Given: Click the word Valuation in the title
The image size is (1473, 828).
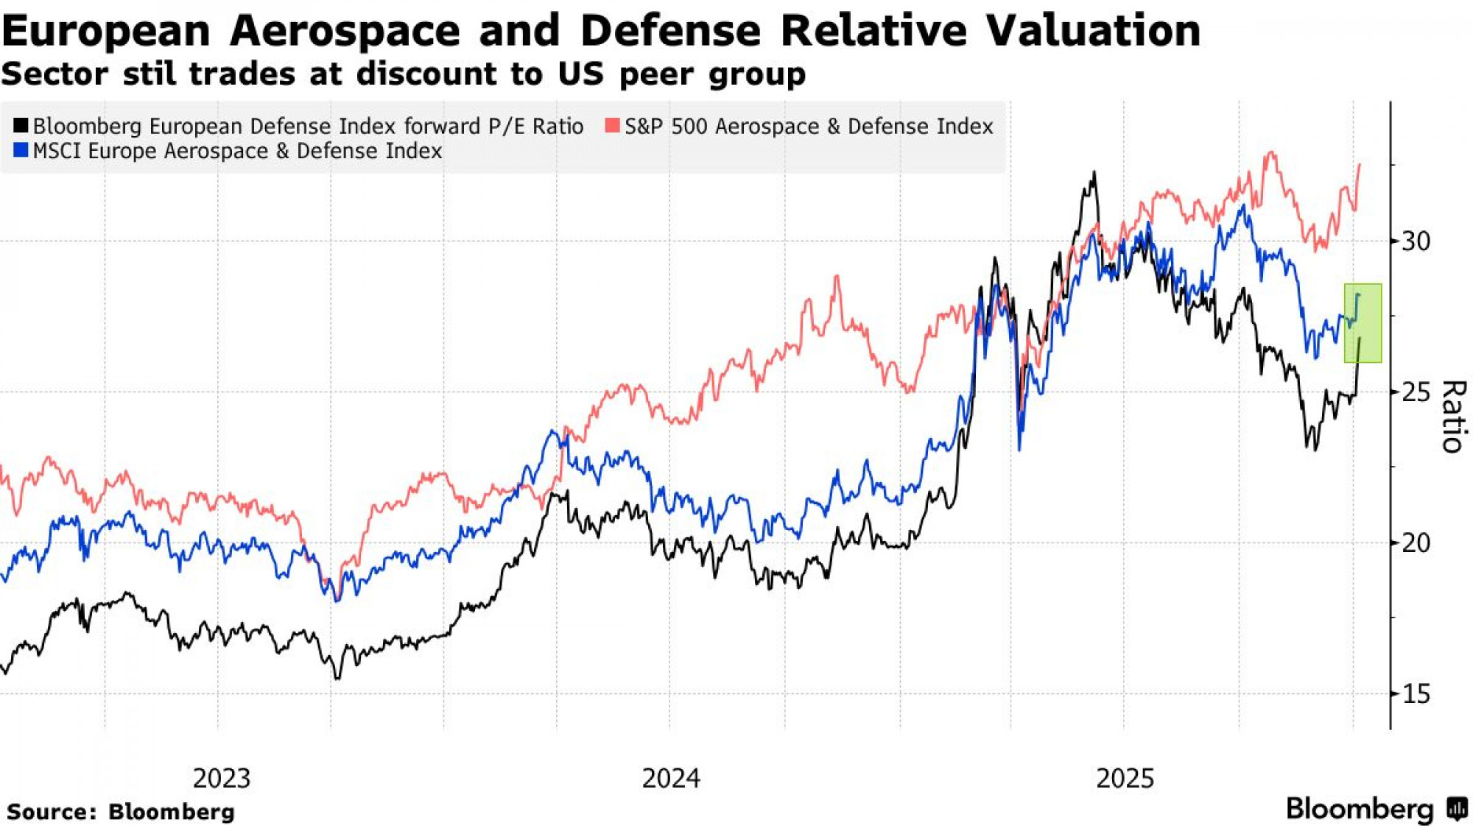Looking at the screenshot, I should point(1093,31).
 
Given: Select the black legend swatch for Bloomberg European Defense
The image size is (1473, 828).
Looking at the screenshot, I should point(21,126).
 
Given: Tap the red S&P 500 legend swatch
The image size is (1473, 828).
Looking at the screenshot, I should point(612,126).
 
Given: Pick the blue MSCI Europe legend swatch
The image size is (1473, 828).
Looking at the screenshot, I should point(21,151).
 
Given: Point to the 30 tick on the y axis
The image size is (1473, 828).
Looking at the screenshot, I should point(1415,241).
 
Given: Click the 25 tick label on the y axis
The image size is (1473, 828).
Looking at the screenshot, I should point(1415,392).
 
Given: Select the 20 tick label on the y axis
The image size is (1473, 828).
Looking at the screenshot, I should point(1415,543).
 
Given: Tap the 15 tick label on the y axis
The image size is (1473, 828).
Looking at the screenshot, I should point(1415,693).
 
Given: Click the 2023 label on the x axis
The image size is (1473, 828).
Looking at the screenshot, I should point(221,778).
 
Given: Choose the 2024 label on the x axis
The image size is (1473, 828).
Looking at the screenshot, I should point(670,778).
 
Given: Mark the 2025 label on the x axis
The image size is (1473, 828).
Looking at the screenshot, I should point(1125,778).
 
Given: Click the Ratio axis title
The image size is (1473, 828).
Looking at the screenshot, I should point(1452,416).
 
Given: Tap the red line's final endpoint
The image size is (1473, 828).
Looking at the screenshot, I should point(1359,165).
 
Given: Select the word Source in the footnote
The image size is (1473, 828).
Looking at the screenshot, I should point(50,812).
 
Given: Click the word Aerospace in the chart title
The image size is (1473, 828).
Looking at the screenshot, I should point(345,31).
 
